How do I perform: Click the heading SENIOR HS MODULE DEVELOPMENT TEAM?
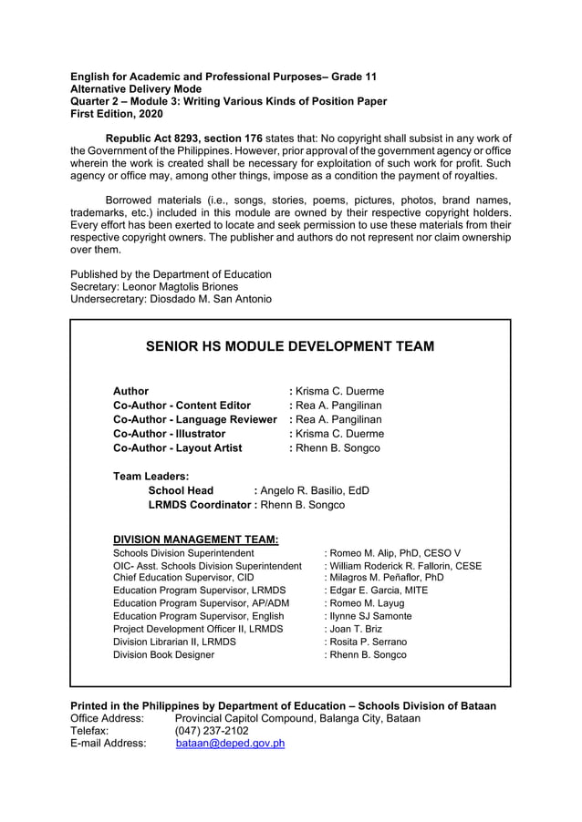(290, 346)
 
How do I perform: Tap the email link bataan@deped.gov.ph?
(230, 743)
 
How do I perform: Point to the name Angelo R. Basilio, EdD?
(315, 490)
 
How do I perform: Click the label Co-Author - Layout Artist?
(177, 448)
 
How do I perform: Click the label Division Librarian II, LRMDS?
(173, 642)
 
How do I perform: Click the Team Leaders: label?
(151, 476)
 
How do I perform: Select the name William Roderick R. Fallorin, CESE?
(406, 566)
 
